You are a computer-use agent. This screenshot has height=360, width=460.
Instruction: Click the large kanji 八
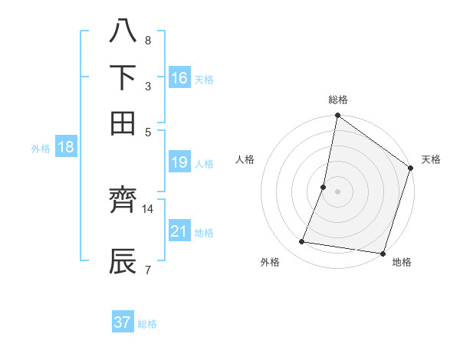(123, 32)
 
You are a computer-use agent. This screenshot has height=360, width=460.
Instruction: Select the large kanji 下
(123, 77)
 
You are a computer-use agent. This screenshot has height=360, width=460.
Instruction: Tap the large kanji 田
(123, 123)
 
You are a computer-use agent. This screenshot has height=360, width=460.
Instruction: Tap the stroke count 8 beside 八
(147, 40)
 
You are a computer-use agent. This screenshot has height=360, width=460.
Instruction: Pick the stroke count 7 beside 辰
(147, 269)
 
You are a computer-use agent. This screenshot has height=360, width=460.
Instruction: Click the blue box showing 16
(179, 77)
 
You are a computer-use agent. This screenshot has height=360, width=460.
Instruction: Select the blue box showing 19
(179, 162)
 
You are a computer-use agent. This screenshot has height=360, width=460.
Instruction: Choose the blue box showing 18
(66, 148)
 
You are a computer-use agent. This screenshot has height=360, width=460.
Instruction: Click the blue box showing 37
(123, 322)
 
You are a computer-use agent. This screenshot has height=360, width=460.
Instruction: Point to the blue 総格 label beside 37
(148, 324)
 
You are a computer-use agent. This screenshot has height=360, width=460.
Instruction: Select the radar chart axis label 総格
(338, 100)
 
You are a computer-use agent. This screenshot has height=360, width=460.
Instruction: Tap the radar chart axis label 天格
(431, 159)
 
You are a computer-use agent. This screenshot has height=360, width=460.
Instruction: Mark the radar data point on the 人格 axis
(324, 186)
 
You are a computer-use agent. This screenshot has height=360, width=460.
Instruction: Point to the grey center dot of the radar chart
(338, 191)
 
